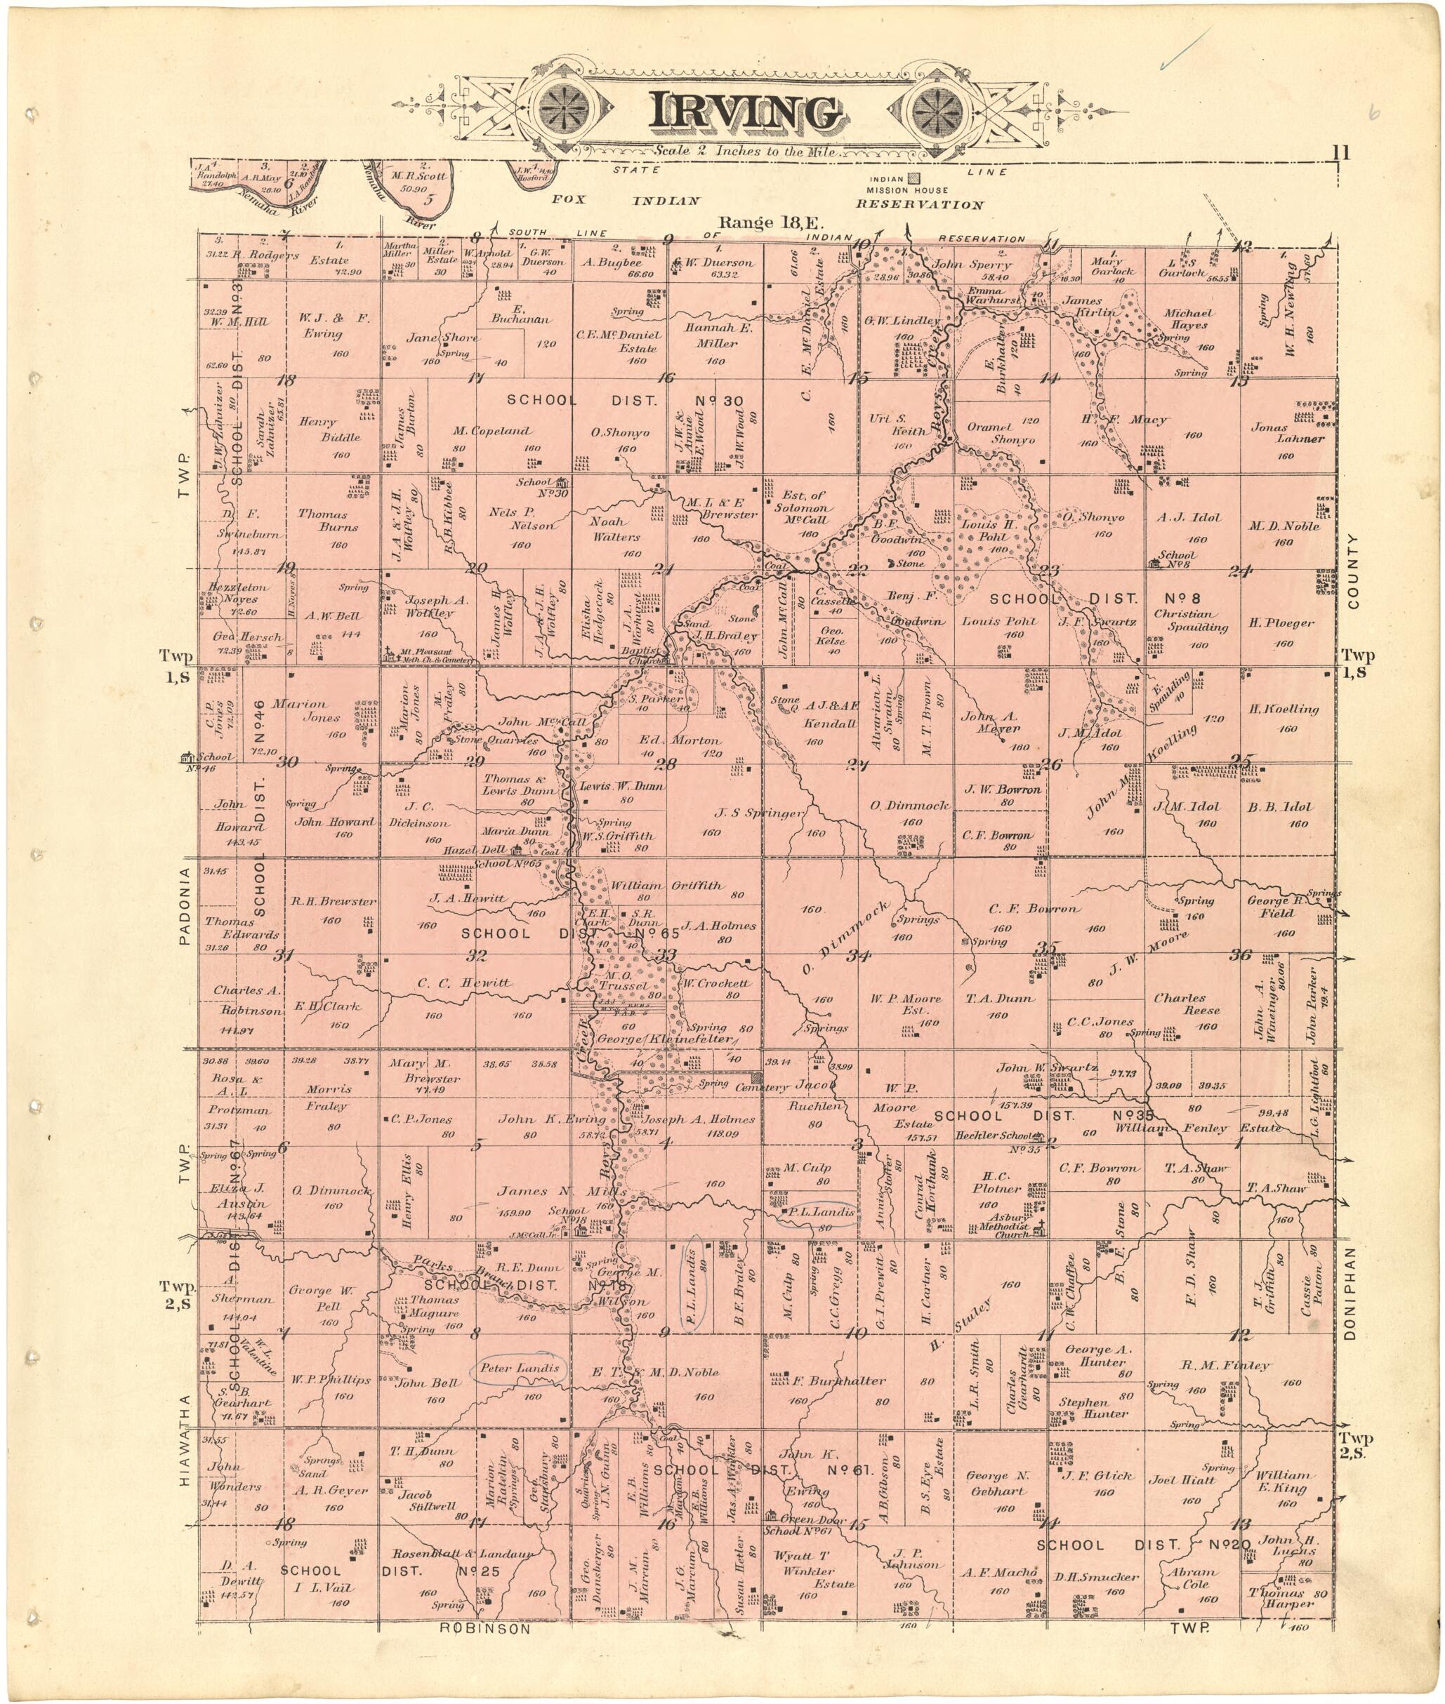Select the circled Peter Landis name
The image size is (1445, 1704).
click(x=520, y=1369)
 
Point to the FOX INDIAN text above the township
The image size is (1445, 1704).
click(x=626, y=201)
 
